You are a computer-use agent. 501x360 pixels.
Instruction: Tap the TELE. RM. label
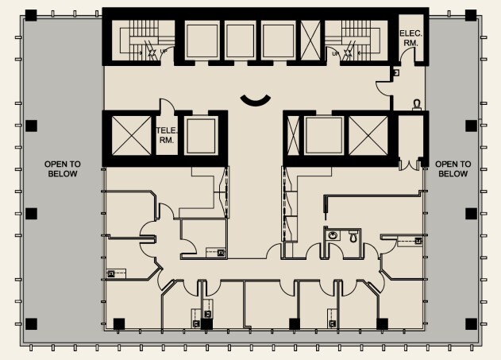point(166,134)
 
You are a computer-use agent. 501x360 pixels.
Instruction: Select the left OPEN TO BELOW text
point(63,168)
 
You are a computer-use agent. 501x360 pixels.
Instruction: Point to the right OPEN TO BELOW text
point(453,168)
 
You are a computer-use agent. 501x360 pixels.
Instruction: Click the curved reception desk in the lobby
point(256,99)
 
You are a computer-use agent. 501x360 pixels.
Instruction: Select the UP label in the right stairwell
point(337,53)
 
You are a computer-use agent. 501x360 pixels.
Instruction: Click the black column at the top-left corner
point(31,14)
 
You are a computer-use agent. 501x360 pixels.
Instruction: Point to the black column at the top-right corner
point(471,14)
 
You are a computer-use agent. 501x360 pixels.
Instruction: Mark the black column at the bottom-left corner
point(31,323)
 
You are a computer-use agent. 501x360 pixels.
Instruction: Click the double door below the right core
point(410,164)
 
